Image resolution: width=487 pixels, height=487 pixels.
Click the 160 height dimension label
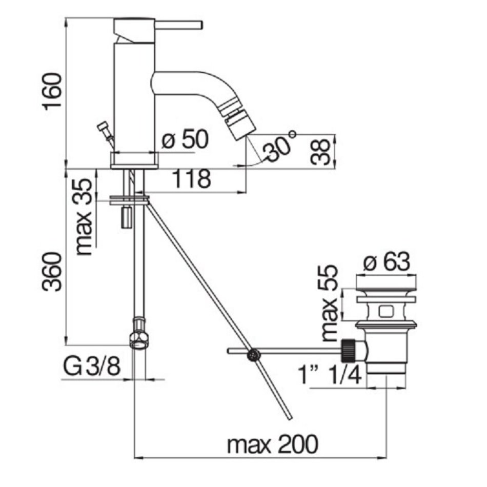(52, 92)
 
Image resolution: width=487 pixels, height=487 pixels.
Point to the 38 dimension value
(320, 152)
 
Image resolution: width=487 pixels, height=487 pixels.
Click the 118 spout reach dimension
(192, 179)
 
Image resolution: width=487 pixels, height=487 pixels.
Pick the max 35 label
(84, 216)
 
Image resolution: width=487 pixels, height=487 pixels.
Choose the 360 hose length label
(52, 272)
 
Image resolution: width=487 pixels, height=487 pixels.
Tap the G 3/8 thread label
(92, 367)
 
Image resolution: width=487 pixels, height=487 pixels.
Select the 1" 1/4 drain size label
(330, 375)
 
